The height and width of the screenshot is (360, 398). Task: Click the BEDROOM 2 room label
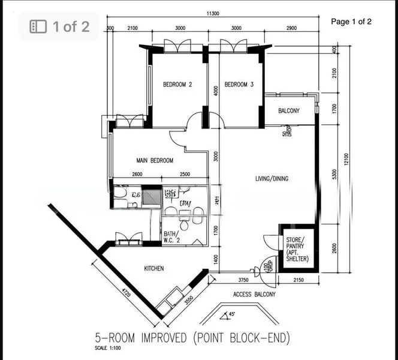point(177,85)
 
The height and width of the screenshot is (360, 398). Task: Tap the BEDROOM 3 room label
point(239,85)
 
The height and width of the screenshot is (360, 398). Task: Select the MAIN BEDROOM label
point(155,160)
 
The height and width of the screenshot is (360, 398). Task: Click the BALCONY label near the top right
point(290,111)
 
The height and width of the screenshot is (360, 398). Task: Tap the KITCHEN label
point(154,268)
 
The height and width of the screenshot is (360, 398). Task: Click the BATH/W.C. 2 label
point(171,238)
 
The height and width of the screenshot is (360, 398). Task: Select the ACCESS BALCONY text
point(254,295)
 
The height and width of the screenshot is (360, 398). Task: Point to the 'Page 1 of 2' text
point(351,22)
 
